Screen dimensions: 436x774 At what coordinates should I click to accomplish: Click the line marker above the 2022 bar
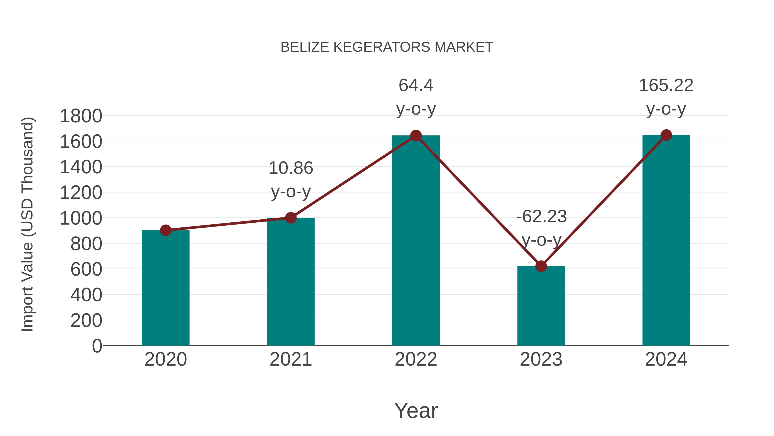point(416,135)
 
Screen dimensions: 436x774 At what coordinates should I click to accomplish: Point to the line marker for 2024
point(666,135)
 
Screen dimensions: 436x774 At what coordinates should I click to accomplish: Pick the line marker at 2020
point(166,230)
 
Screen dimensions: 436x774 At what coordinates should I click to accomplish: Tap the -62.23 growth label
point(541,216)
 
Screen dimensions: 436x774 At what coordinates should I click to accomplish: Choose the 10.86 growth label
point(290,168)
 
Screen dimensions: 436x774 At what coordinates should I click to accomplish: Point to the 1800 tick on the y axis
point(81,116)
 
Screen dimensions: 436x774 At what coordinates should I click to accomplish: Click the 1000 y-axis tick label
point(81,219)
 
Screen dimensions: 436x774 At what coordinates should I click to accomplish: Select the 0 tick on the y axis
point(97,346)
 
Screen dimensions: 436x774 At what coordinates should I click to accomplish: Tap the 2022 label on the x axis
point(416,359)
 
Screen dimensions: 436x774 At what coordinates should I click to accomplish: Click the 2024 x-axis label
point(666,359)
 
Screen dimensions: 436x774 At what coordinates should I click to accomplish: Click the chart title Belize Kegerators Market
point(387,47)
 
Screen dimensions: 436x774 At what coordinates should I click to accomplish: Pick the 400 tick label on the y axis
point(86,295)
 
